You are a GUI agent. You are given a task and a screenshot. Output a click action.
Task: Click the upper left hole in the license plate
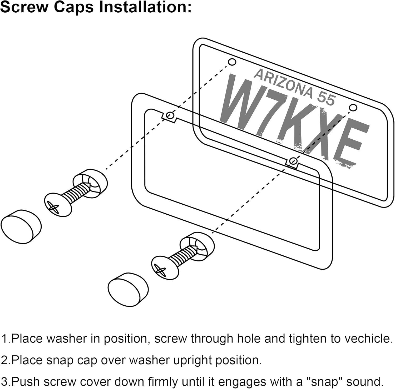[x=232, y=62]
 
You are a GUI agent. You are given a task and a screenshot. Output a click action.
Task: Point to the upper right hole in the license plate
[x=353, y=107]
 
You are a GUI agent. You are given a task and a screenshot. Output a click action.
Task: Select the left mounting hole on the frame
[x=170, y=115]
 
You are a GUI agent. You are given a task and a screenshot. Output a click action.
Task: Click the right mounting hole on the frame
[x=293, y=161]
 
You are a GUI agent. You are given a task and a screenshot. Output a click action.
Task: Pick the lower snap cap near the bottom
[x=129, y=289]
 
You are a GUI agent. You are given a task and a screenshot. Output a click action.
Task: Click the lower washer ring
[x=197, y=246]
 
